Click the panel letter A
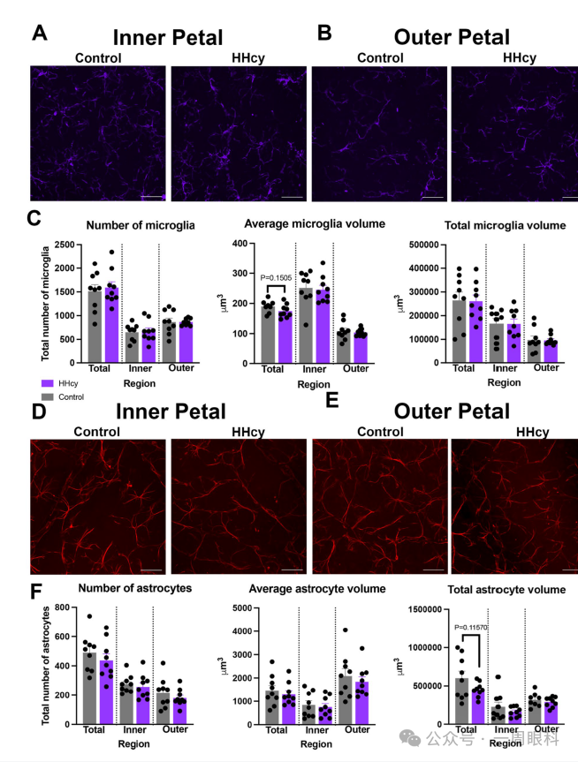coord(39,34)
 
